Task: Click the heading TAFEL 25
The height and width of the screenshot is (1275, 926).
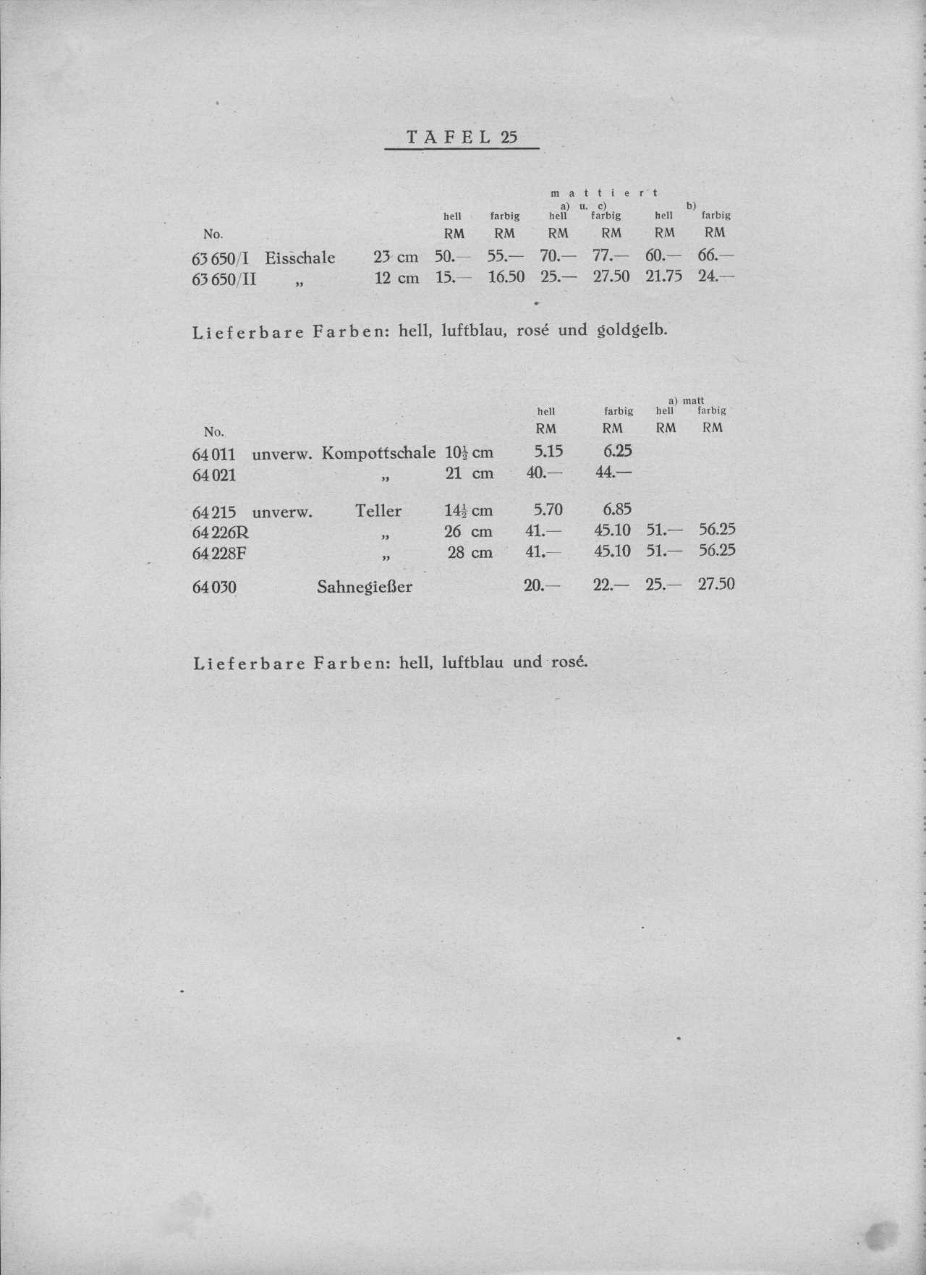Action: click(x=462, y=137)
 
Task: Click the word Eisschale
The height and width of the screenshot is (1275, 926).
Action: click(x=300, y=258)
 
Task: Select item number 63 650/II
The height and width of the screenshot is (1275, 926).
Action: click(x=224, y=279)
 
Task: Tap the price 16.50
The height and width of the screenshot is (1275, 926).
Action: click(x=506, y=276)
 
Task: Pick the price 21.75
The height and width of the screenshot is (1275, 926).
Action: click(x=663, y=276)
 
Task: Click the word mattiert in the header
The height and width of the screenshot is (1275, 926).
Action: click(x=604, y=192)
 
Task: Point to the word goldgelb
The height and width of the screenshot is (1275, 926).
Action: click(x=631, y=331)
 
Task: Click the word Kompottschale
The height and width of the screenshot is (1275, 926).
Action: click(x=378, y=453)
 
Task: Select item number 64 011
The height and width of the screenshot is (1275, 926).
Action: click(x=214, y=455)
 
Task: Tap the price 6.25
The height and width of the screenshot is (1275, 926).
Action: click(x=617, y=451)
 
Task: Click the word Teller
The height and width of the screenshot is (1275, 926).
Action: click(x=378, y=511)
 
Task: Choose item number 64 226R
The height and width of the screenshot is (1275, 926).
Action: click(x=221, y=533)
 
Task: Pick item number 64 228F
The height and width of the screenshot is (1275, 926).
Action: click(x=220, y=554)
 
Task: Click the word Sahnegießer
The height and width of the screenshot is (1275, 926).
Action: click(x=365, y=587)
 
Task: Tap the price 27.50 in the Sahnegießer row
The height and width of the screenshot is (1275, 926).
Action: click(x=716, y=584)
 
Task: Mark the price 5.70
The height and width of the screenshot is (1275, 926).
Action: click(x=548, y=510)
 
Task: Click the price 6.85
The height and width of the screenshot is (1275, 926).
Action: click(x=617, y=510)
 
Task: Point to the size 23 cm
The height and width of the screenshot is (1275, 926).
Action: click(x=396, y=257)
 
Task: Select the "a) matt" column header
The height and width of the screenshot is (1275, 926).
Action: click(x=686, y=400)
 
